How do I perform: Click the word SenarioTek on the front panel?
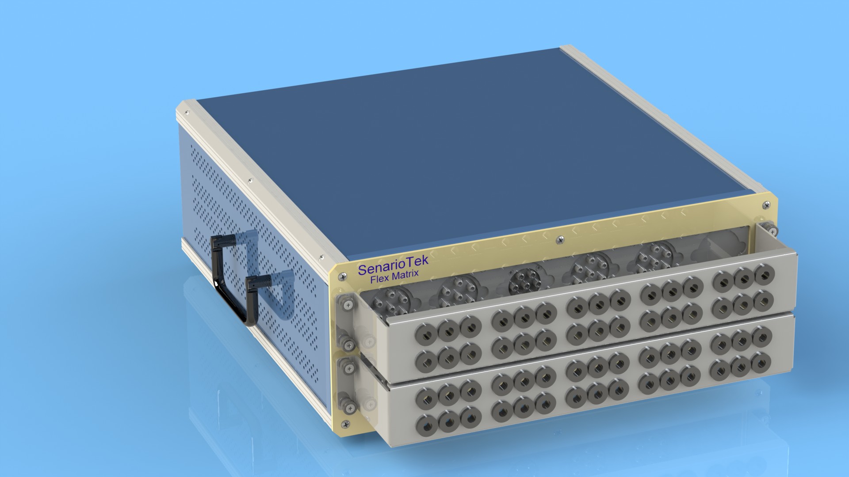[393, 266]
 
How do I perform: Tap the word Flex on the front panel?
[380, 279]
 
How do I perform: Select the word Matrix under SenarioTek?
[405, 276]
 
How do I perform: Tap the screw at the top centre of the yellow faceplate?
[561, 240]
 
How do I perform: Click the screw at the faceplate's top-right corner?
[766, 205]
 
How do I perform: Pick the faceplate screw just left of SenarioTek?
[342, 277]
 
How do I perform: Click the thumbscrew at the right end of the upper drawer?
[773, 230]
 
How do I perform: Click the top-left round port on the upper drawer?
[425, 336]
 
